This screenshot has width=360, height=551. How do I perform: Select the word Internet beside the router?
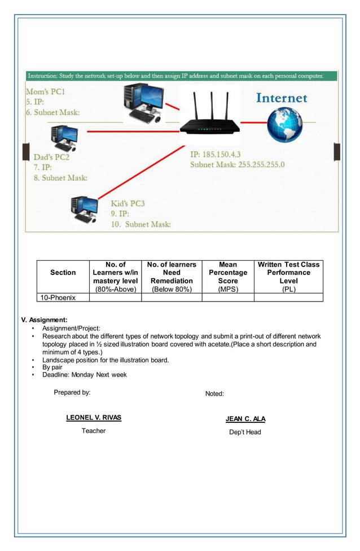(x=282, y=98)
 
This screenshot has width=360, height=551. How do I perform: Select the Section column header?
(x=63, y=273)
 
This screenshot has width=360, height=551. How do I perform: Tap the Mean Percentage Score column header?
(x=228, y=277)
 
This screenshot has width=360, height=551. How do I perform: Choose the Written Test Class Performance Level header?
(x=288, y=277)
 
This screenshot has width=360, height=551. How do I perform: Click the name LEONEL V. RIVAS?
(x=94, y=418)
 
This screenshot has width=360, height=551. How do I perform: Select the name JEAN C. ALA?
(x=245, y=419)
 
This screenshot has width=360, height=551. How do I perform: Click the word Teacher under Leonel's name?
(x=94, y=431)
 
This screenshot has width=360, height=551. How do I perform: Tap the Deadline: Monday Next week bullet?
(x=85, y=374)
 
